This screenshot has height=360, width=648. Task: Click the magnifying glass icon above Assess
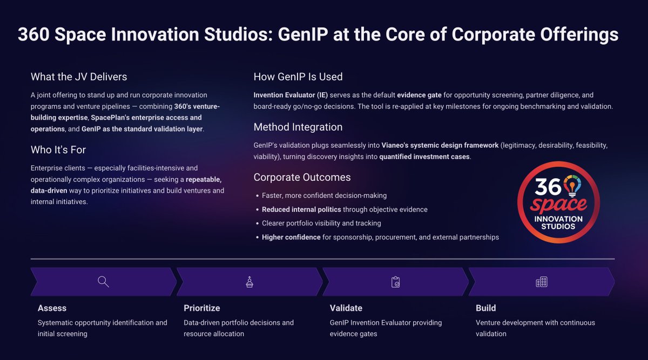coord(103,282)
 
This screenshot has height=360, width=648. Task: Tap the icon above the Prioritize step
coord(249,282)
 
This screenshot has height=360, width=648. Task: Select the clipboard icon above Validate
coord(395,282)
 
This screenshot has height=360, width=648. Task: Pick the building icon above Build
coord(541,282)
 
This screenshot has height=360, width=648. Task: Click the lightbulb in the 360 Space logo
coord(572,186)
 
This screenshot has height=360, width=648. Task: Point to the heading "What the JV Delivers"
coord(79,77)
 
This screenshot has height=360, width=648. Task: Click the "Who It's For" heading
coord(58,150)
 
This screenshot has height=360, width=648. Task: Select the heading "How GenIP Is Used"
coord(298,77)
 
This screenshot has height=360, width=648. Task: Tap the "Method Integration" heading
coord(298,127)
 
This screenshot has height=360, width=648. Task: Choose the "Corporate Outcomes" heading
coord(302,178)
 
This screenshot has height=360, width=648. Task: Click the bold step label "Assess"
coord(52,308)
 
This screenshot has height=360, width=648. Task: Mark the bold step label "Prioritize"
coord(202,308)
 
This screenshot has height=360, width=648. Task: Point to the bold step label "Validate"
coord(346,308)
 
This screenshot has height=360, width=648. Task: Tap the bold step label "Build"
coord(485,308)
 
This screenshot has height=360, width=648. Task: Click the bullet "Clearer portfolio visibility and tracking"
coord(321,223)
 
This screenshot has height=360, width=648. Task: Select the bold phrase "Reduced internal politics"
coord(301,209)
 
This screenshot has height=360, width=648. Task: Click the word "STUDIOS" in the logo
coord(558,226)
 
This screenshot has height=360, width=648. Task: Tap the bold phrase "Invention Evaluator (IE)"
coord(291,95)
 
